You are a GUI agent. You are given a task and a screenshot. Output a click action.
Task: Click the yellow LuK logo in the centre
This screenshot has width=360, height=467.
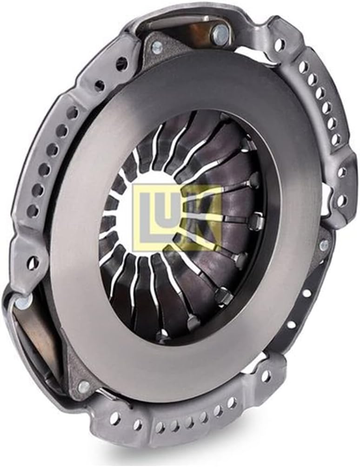pos(178,217)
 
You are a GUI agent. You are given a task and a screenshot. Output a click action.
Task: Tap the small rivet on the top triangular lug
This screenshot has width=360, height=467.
pos(157,46)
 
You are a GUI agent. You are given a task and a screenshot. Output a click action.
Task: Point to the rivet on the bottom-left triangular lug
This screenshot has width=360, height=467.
pos(84,386)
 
